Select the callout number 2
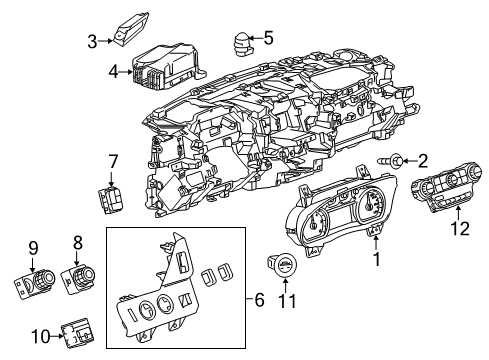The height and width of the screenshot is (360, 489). (x=422, y=159)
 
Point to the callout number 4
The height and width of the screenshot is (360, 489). (x=112, y=71)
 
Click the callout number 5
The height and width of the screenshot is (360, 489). (x=267, y=39)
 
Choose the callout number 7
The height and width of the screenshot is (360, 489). (x=113, y=160)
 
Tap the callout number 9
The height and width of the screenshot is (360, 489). (x=32, y=248)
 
